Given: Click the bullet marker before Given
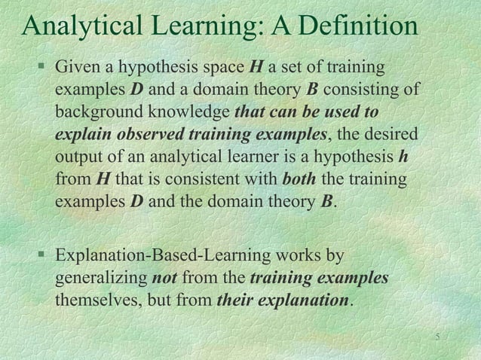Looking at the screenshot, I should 43,69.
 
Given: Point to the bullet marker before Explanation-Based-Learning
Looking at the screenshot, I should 43,257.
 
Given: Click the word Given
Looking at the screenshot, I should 76,69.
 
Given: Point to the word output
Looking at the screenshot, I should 77,160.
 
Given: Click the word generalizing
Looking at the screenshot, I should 101,279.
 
